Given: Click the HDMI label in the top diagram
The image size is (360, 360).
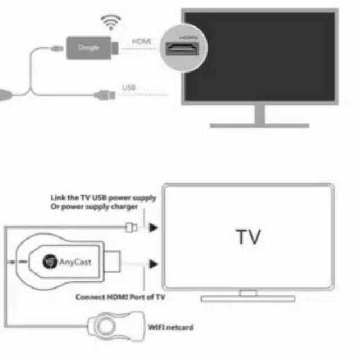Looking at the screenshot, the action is click(x=141, y=41).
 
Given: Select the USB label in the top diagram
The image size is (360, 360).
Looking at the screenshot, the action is click(x=128, y=87).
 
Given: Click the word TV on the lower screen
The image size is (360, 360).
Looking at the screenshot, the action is click(x=247, y=236).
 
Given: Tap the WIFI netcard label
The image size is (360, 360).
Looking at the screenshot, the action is click(x=170, y=326).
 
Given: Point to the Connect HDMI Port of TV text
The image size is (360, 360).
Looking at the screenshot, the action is click(x=120, y=296).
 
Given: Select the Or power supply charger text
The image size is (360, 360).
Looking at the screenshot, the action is click(x=94, y=207).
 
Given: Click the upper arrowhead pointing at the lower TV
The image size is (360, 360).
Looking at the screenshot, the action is click(x=154, y=228).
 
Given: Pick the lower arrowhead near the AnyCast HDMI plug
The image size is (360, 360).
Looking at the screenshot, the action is click(x=154, y=262).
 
